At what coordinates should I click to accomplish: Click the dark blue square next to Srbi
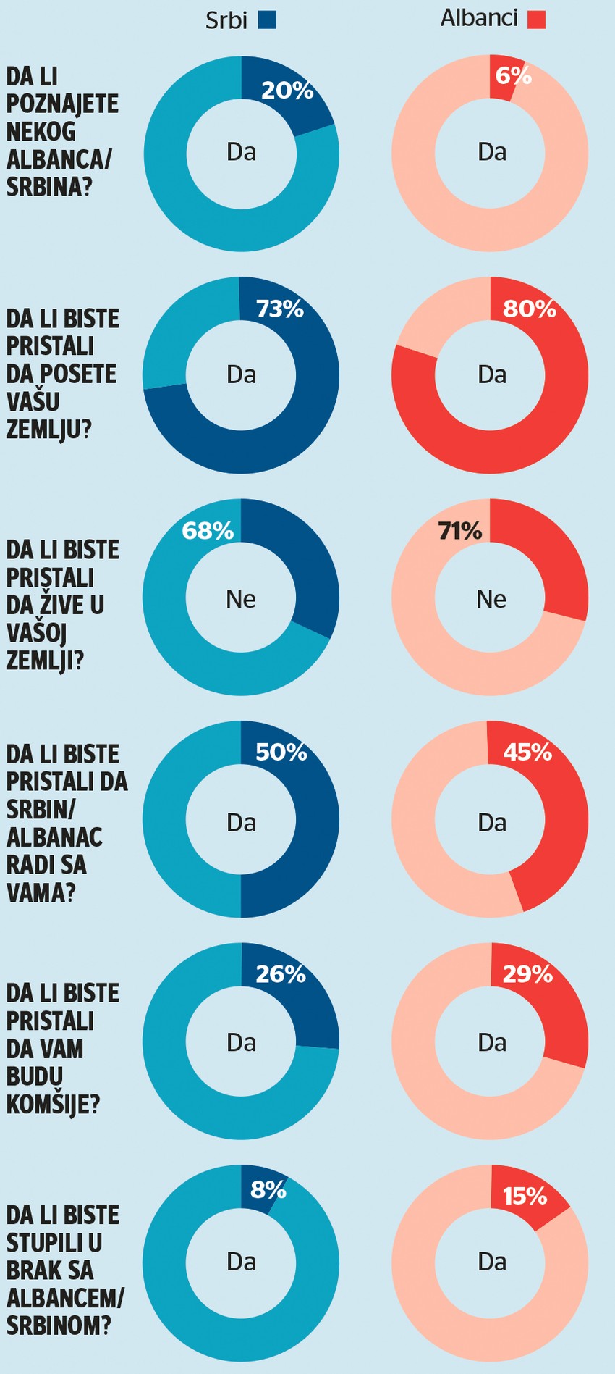tap(266, 20)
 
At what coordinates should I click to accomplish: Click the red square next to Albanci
tap(536, 20)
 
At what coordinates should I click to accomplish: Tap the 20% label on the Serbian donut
tap(287, 91)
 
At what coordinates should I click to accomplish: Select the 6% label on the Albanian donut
tap(514, 75)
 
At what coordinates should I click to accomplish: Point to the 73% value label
tap(280, 309)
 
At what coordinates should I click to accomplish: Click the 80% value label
tap(530, 309)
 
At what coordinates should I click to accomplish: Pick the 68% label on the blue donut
tap(208, 531)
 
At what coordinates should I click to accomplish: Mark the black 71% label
tap(460, 532)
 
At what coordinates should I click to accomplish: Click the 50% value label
tap(281, 753)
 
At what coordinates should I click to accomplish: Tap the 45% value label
tap(527, 753)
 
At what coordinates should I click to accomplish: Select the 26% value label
tap(281, 974)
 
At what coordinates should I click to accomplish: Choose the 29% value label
tap(527, 974)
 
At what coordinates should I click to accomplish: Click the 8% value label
tap(268, 1189)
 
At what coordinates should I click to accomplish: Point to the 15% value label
tap(525, 1196)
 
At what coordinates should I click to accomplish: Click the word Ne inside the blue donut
tap(241, 599)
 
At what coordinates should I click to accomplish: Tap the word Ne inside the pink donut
tap(491, 599)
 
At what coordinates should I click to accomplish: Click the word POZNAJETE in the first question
tap(62, 104)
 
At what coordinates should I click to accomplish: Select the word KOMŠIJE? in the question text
tap(53, 1105)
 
